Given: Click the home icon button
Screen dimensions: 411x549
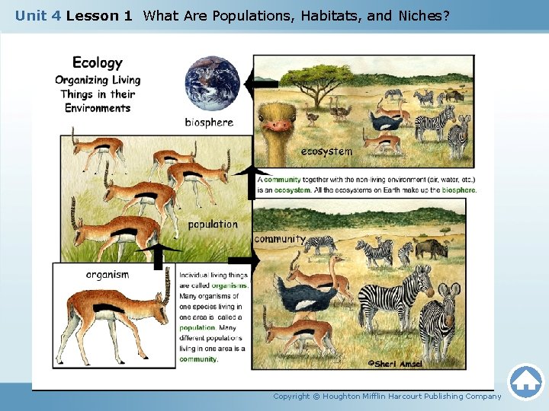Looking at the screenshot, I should pyautogui.click(x=525, y=382).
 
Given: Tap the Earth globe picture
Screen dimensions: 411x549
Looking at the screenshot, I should pyautogui.click(x=212, y=82).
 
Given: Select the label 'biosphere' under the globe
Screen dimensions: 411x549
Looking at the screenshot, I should pyautogui.click(x=209, y=122).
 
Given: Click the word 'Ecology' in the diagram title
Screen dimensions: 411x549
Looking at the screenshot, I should pyautogui.click(x=97, y=62).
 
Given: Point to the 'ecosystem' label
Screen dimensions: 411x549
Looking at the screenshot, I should pyautogui.click(x=326, y=151).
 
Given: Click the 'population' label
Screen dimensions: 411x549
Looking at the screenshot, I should pyautogui.click(x=213, y=225).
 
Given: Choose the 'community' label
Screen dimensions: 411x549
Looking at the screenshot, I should pyautogui.click(x=279, y=239).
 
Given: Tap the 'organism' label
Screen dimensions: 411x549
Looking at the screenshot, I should pyautogui.click(x=108, y=274).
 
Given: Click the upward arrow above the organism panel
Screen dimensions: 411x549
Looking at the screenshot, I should pyautogui.click(x=159, y=254).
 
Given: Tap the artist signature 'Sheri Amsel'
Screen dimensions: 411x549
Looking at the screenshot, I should pyautogui.click(x=395, y=363).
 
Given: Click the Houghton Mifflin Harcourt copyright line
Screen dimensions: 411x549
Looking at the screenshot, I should pyautogui.click(x=387, y=397).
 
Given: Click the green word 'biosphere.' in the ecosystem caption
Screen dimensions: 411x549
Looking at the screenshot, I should pyautogui.click(x=459, y=190).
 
